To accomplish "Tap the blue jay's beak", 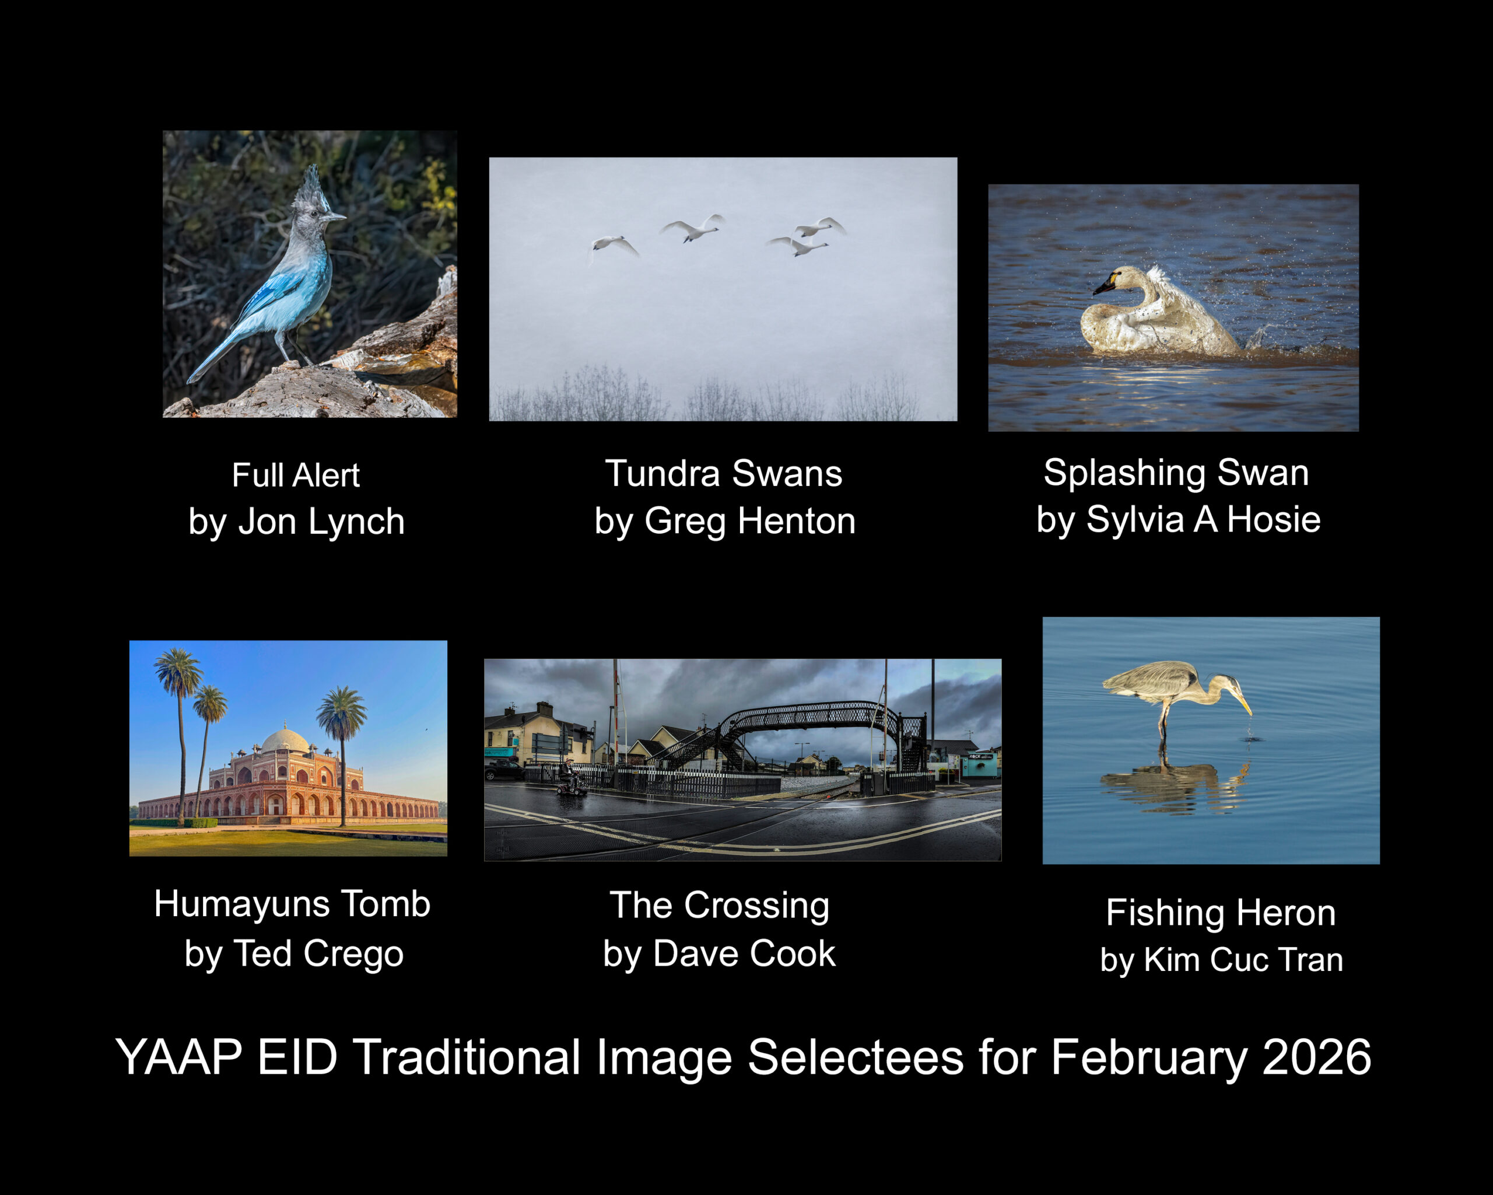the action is pyautogui.click(x=335, y=218).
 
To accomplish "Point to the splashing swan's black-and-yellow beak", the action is pyautogui.click(x=1104, y=284).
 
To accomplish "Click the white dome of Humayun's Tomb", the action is pyautogui.click(x=285, y=741).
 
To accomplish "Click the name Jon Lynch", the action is pyautogui.click(x=321, y=521).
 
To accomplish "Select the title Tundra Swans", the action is pyautogui.click(x=724, y=474).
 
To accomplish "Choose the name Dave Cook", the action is pyautogui.click(x=744, y=953).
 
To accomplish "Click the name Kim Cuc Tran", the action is pyautogui.click(x=1243, y=960).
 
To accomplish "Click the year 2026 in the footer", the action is pyautogui.click(x=1316, y=1057).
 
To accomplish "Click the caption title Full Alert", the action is pyautogui.click(x=296, y=475).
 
